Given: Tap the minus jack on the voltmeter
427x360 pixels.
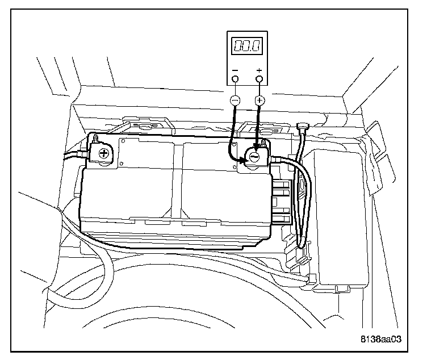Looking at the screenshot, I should coord(235,79).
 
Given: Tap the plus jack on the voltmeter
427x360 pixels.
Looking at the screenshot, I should coord(259,79).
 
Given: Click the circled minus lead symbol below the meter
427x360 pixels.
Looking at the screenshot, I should coord(235,101).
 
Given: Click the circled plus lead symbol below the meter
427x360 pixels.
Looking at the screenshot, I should coord(259,101).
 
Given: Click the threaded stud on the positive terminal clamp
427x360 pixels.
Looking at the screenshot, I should coord(95,139).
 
